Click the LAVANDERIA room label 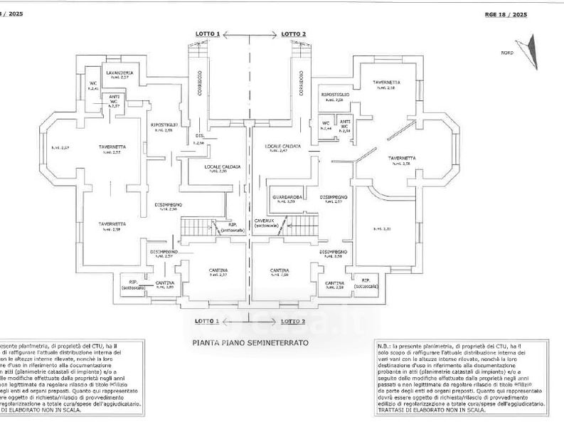119,73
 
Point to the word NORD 506,53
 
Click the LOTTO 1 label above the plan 208,34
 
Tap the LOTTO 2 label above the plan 293,34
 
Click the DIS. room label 200,135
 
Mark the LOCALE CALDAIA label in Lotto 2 283,146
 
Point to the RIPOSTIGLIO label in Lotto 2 335,94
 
